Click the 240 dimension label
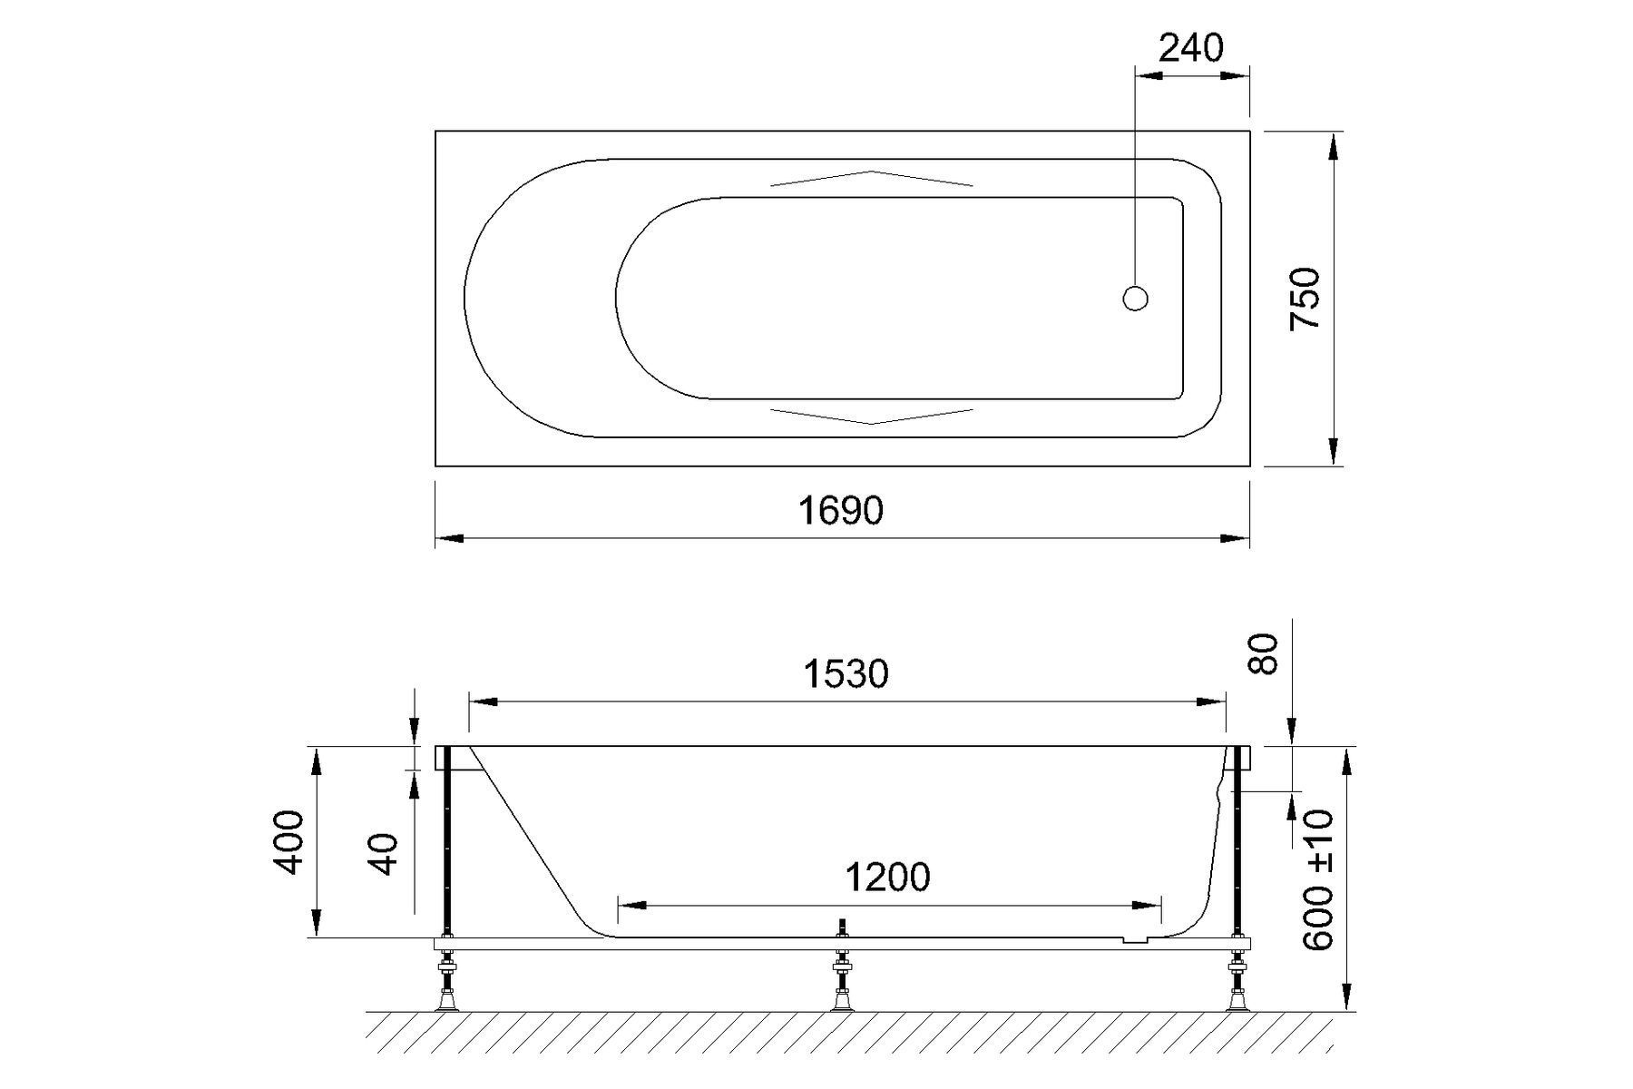pyautogui.click(x=1190, y=47)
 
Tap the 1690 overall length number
pyautogui.click(x=840, y=511)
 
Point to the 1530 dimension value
pyautogui.click(x=846, y=673)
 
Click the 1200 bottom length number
pyautogui.click(x=887, y=878)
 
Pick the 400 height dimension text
pyautogui.click(x=289, y=841)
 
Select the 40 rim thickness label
pyautogui.click(x=386, y=853)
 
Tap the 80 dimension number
pyautogui.click(x=1264, y=653)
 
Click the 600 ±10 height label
pyautogui.click(x=1318, y=880)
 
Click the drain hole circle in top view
pyautogui.click(x=1135, y=298)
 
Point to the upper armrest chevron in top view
pyautogui.click(x=871, y=177)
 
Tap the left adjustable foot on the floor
pyautogui.click(x=446, y=998)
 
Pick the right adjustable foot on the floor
pyautogui.click(x=1236, y=998)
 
